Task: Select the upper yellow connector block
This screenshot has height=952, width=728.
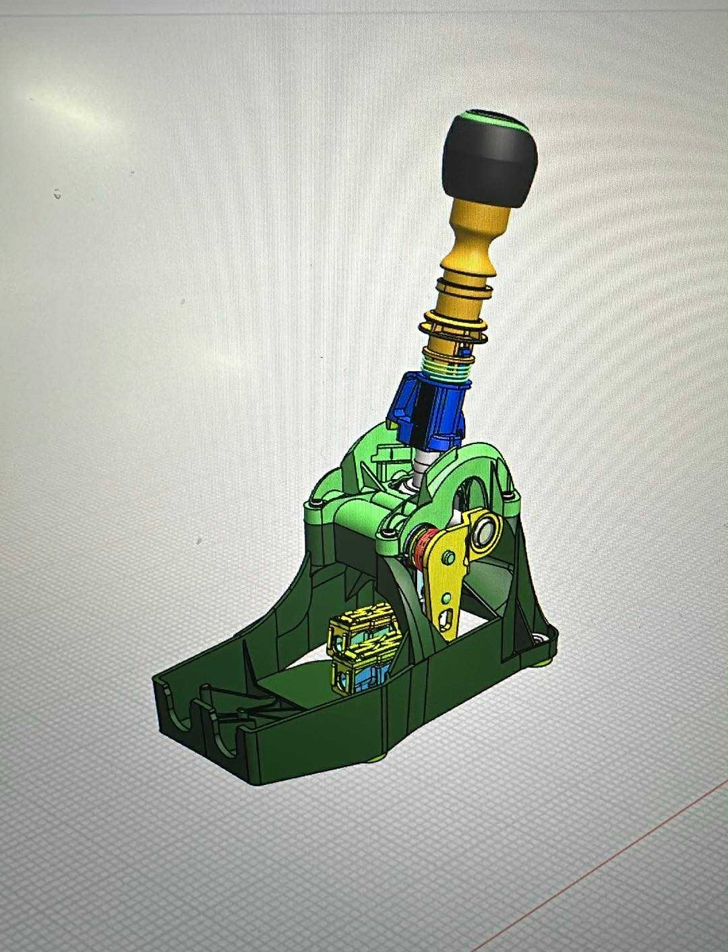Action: coord(364,624)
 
